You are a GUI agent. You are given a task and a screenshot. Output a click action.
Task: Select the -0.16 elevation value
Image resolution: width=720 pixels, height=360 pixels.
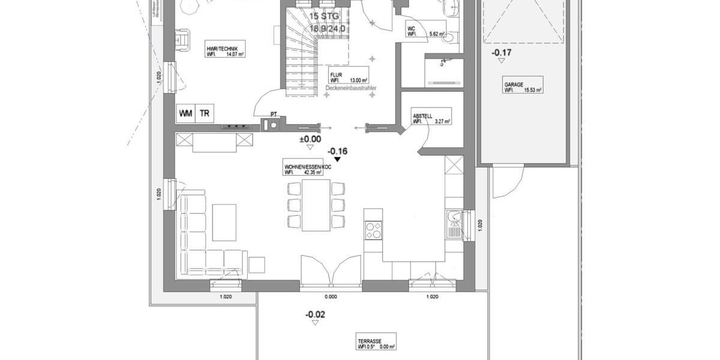338,151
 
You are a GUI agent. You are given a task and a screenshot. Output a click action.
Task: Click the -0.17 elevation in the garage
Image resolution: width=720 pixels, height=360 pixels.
502,53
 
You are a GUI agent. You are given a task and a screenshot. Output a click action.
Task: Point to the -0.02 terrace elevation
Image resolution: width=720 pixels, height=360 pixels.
315,314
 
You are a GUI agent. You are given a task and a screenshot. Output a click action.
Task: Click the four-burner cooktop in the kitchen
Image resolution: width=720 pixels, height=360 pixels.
373,230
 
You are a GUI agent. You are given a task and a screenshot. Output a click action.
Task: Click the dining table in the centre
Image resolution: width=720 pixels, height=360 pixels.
316,205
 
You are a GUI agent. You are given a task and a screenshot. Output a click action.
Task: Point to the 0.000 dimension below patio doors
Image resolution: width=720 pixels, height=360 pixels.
331,296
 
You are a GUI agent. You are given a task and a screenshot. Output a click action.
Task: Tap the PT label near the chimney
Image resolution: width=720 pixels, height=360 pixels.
274,113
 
